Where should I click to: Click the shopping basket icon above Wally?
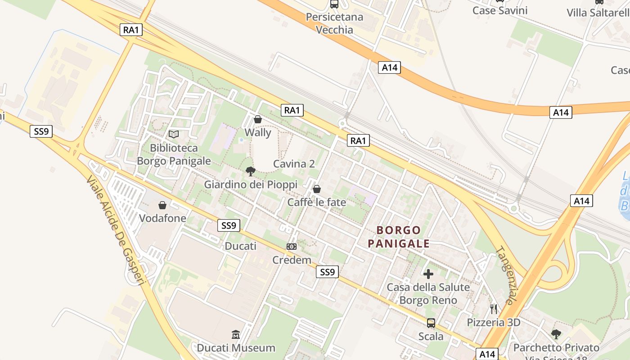[258, 119]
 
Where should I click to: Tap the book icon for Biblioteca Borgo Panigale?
[173, 134]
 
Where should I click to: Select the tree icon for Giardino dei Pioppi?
[251, 171]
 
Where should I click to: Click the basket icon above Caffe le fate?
[317, 189]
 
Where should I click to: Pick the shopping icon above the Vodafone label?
[162, 205]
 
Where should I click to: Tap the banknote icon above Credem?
[292, 247]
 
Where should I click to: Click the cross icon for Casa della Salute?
[428, 274]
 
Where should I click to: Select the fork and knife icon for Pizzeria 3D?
[494, 309]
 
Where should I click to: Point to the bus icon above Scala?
[431, 323]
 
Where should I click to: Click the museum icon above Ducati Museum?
[236, 334]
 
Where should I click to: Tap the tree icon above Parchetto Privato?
[556, 334]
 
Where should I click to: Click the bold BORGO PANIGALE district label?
[399, 237]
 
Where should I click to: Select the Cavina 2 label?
[294, 164]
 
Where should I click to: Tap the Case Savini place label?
[499, 10]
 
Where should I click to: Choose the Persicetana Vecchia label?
[334, 23]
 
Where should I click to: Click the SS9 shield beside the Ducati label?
[229, 225]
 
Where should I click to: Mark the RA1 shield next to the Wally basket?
[292, 110]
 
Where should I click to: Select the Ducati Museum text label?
[236, 348]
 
